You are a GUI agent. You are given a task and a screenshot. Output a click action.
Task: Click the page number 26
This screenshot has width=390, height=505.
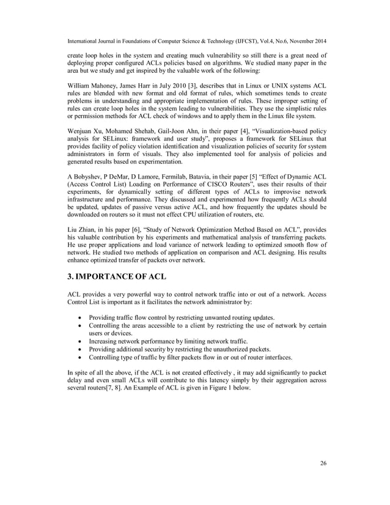pyautogui.click(x=323, y=463)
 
